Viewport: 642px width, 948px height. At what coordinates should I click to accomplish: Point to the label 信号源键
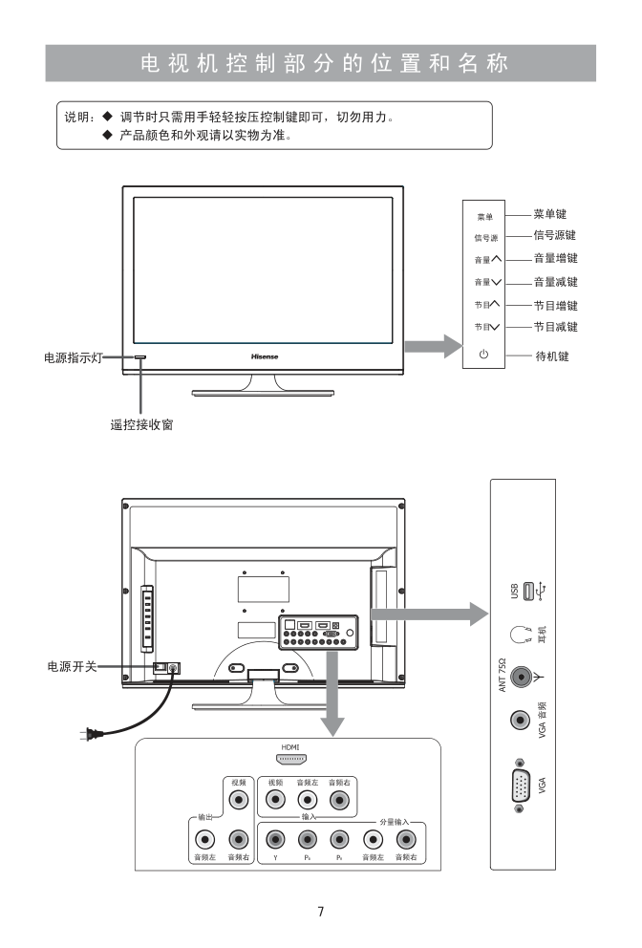click(x=555, y=235)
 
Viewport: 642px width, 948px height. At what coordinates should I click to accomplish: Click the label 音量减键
click(x=555, y=282)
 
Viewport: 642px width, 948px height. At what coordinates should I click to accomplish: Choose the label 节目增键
click(x=555, y=305)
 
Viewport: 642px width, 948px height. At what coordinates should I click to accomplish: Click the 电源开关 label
click(x=73, y=666)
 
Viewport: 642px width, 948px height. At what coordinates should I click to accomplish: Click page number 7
click(x=321, y=911)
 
